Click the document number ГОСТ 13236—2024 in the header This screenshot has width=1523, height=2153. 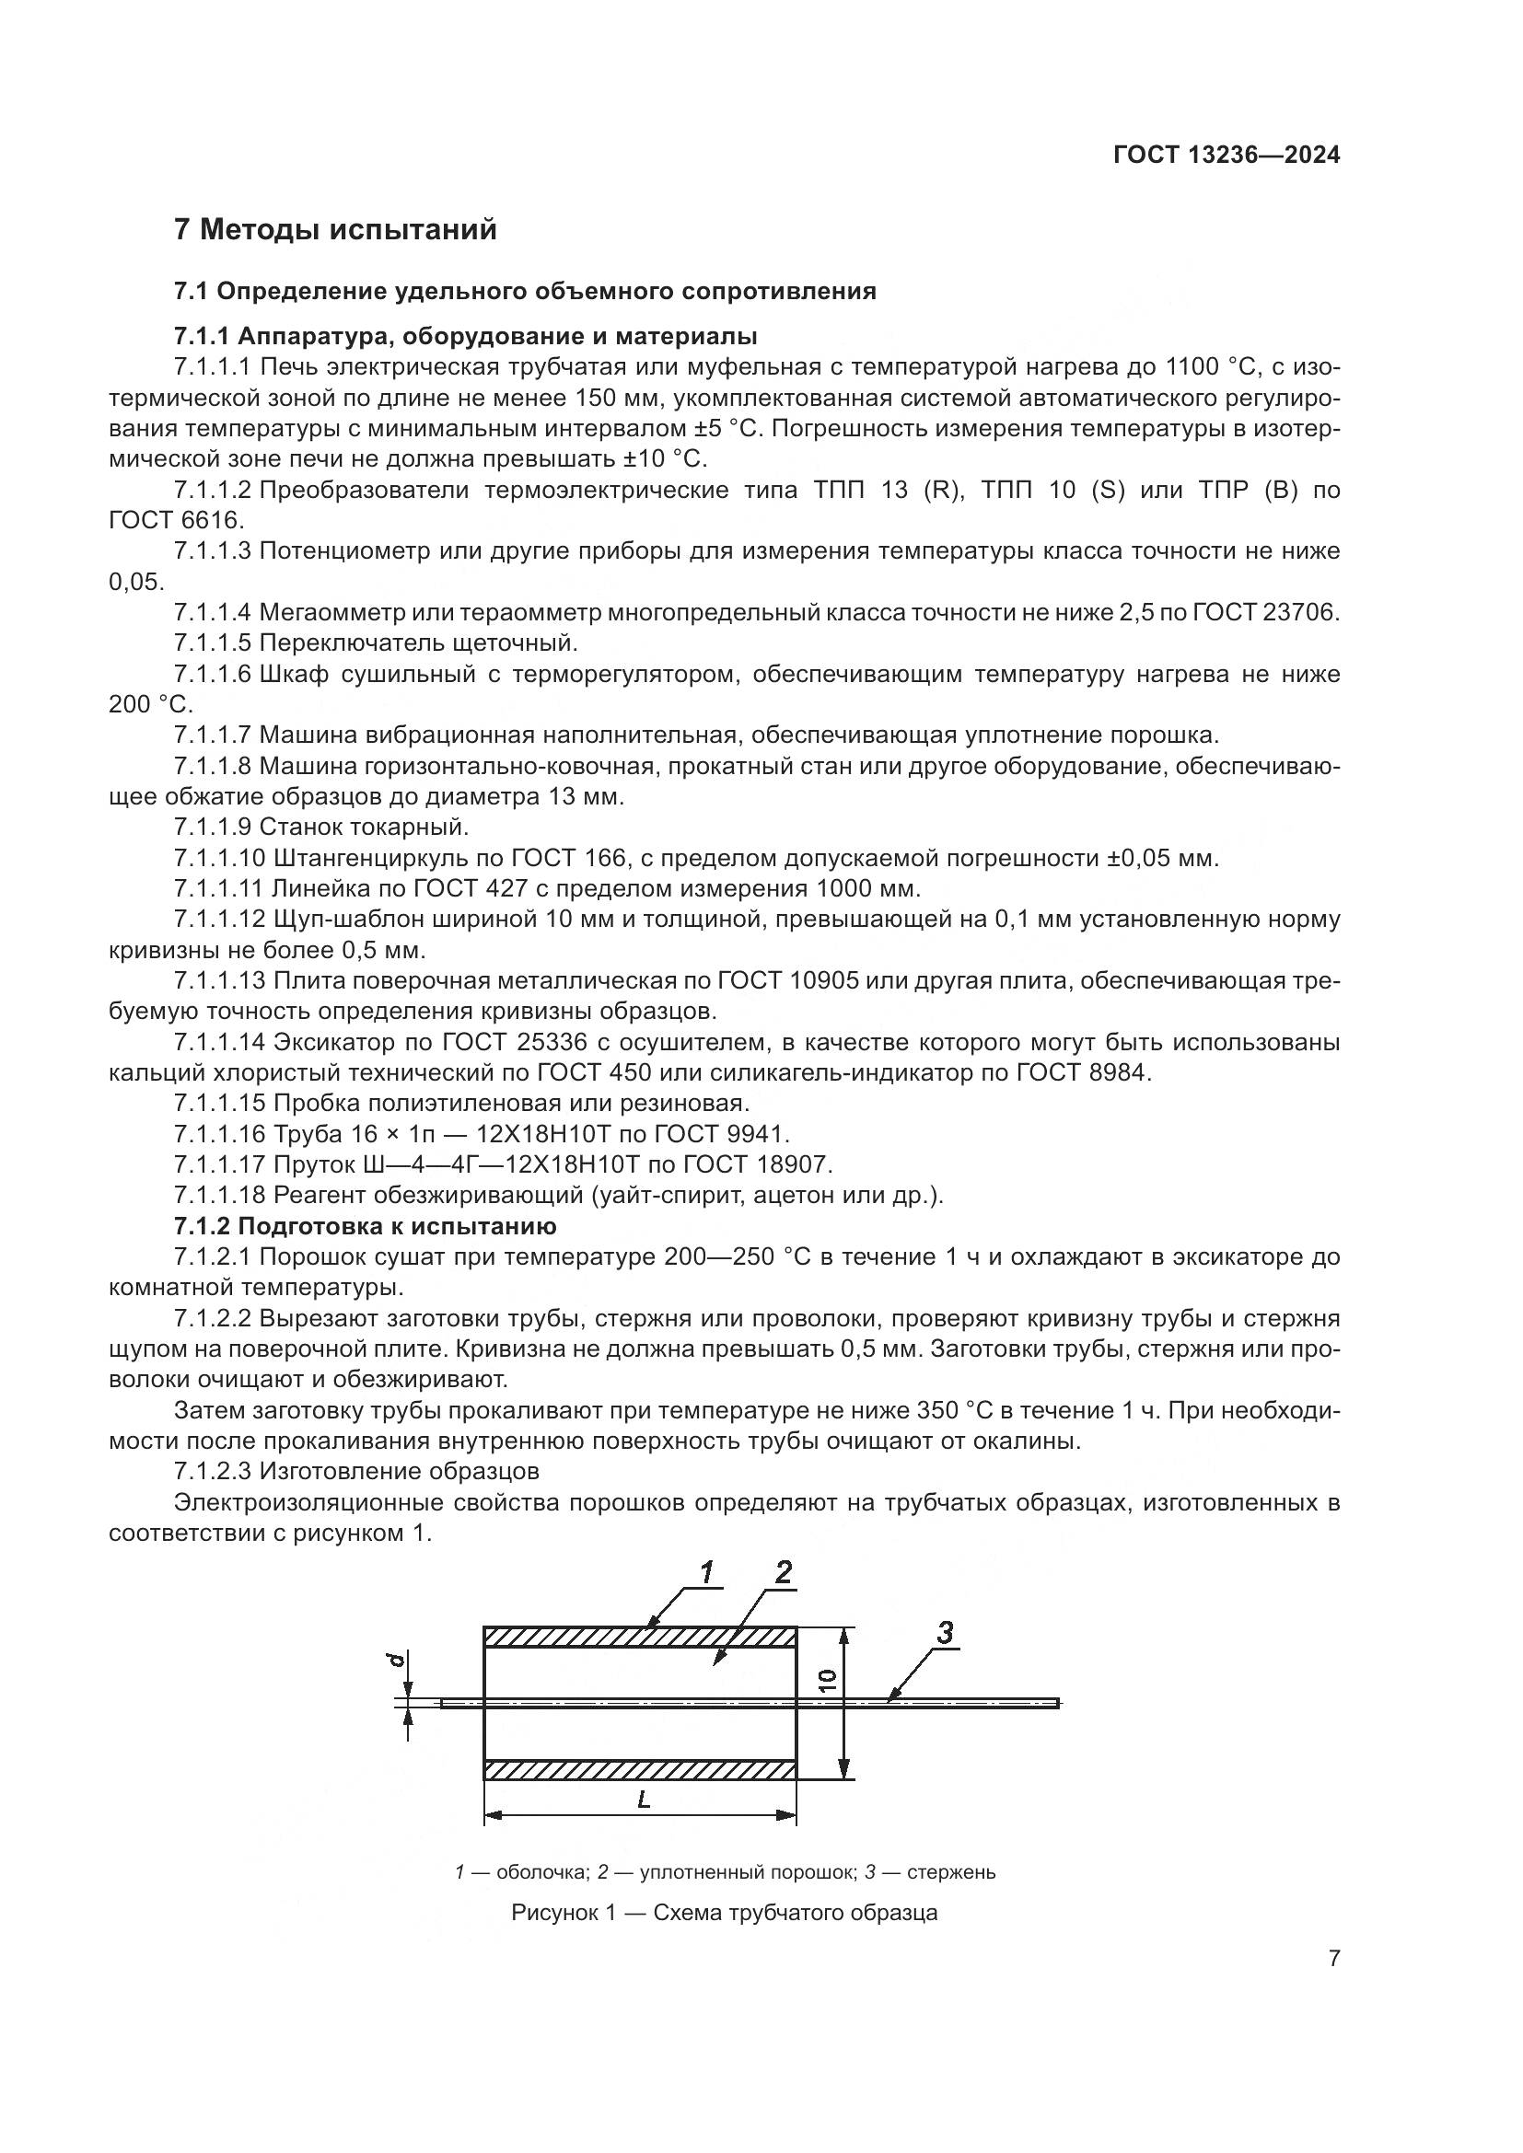point(1226,155)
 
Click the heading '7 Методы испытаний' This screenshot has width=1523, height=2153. point(335,229)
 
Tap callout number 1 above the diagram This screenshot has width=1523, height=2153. point(709,1571)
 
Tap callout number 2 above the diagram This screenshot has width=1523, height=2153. point(783,1571)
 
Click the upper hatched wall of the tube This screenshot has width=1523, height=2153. point(640,1638)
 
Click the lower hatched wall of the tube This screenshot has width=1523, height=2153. point(640,1769)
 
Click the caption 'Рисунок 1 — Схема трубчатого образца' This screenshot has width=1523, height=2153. point(724,1913)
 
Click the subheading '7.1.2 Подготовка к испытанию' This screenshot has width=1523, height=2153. point(365,1226)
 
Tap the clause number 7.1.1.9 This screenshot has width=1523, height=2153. point(213,828)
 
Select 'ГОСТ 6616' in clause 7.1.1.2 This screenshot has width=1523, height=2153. point(176,519)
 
